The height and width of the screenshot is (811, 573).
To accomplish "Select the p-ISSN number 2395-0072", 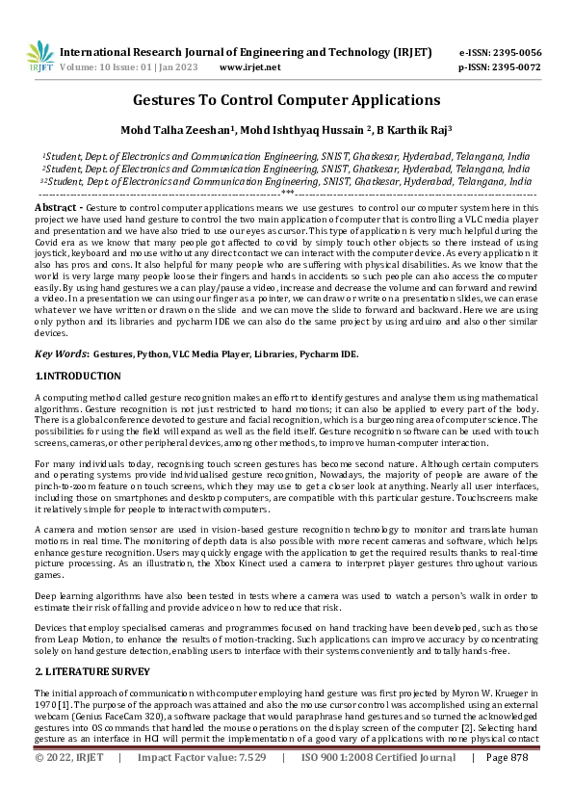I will pyautogui.click(x=514, y=67).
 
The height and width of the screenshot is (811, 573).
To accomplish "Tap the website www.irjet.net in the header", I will pyautogui.click(x=249, y=67).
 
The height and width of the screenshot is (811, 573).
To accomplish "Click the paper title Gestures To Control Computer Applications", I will pyautogui.click(x=286, y=100).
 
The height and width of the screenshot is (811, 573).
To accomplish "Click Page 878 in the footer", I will pyautogui.click(x=507, y=785).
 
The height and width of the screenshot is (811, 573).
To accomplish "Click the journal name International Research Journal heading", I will pyautogui.click(x=245, y=52).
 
